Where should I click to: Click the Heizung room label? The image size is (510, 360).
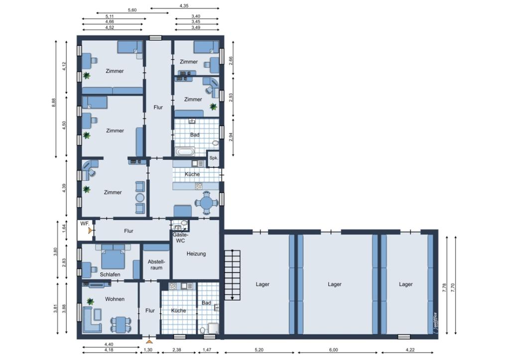click(196, 253)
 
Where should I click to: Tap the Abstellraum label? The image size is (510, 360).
click(156, 265)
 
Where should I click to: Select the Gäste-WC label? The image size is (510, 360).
click(180, 238)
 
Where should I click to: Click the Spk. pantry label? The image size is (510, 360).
click(214, 158)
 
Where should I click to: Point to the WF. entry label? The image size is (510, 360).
click(85, 224)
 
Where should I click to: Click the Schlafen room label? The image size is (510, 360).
click(110, 274)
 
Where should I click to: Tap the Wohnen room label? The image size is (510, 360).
click(115, 299)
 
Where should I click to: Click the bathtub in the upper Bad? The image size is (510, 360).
click(185, 152)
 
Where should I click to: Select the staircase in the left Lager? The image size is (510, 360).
click(232, 275)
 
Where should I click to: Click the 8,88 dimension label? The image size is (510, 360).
click(54, 103)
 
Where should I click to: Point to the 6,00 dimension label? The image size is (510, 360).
click(333, 350)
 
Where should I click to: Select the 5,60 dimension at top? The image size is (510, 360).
click(132, 10)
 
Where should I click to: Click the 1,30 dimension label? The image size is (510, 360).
click(147, 350)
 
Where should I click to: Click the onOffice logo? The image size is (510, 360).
click(435, 323)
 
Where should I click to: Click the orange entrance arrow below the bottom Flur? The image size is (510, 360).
click(149, 342)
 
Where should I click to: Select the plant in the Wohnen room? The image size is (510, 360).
click(91, 301)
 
